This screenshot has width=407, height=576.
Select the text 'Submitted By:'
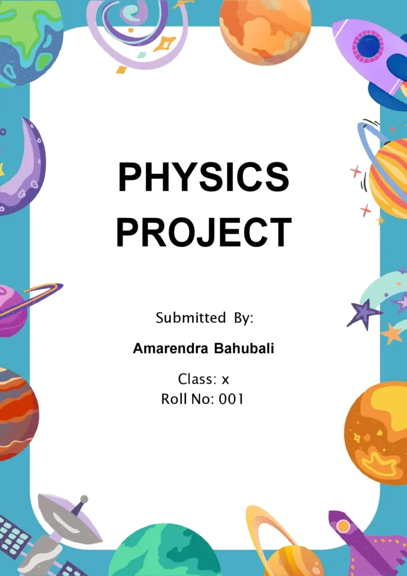coord(205,318)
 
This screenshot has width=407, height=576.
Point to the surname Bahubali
coord(244,349)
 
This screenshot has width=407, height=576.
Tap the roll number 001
coord(231,399)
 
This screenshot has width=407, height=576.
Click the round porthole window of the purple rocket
coord(369,46)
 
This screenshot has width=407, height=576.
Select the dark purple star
coord(364,313)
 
